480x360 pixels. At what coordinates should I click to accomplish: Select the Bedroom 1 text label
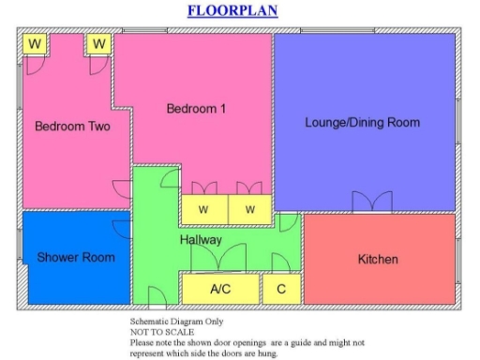pyautogui.click(x=196, y=109)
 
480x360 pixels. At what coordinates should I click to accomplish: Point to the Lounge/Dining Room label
pyautogui.click(x=362, y=123)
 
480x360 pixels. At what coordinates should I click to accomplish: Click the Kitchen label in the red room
pyautogui.click(x=378, y=259)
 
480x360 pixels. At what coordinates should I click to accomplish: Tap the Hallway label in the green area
pyautogui.click(x=201, y=240)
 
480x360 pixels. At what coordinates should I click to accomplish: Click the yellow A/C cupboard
pyautogui.click(x=220, y=289)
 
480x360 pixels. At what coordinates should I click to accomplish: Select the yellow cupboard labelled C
pyautogui.click(x=280, y=289)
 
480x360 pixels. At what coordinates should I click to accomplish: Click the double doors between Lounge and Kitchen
pyautogui.click(x=372, y=202)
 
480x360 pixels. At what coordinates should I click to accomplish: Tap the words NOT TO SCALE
pyautogui.click(x=162, y=332)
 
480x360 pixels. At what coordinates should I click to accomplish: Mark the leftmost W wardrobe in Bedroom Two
pyautogui.click(x=36, y=44)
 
